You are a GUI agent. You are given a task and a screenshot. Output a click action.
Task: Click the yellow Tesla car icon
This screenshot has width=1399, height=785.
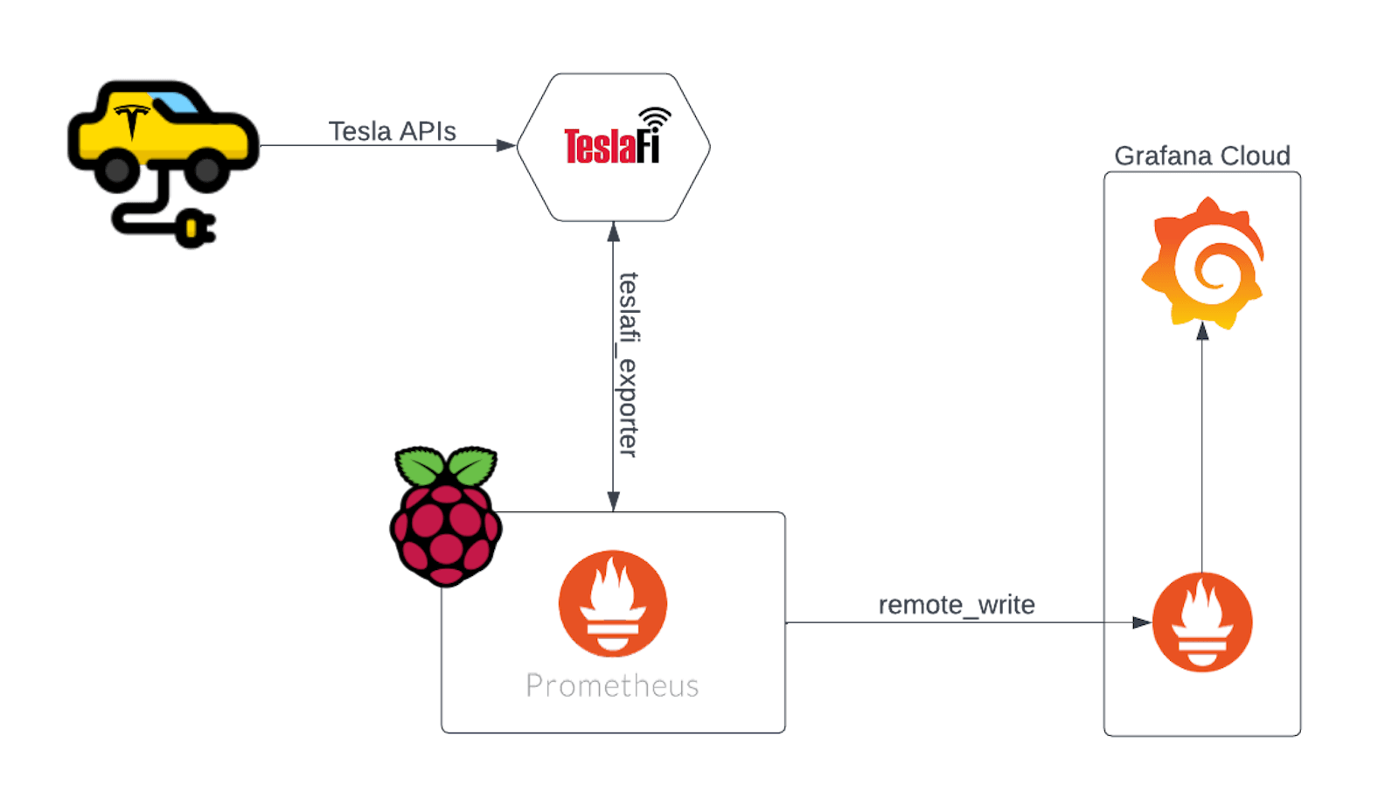point(162,131)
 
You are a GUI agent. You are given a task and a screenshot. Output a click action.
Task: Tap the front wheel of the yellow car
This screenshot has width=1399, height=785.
point(206,169)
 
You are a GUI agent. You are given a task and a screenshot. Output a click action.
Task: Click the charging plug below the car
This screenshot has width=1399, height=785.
point(194,229)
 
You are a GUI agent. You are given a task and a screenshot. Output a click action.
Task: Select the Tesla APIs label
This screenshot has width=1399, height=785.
point(392,132)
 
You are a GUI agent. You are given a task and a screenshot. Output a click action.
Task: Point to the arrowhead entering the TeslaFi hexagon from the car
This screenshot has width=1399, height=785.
point(506,145)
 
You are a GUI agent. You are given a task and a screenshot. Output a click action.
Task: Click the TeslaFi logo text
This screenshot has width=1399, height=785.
point(610,147)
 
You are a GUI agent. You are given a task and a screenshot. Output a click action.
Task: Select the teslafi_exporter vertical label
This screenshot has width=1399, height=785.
point(629,365)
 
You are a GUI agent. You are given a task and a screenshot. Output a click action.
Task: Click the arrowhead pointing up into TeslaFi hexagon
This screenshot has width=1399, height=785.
point(613,232)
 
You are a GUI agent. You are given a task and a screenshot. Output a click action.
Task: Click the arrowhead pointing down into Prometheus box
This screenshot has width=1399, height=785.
point(613,501)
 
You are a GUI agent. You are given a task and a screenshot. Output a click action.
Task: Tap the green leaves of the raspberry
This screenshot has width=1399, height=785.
point(446,467)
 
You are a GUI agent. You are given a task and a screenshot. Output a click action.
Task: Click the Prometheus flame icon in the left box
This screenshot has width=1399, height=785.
point(612,603)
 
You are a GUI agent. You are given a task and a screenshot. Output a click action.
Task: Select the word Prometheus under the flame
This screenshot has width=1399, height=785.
point(612,685)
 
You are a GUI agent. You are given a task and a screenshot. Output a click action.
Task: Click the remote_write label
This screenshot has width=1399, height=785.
point(957,605)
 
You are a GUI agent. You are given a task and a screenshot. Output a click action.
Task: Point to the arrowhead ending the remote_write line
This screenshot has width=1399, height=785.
point(1141,622)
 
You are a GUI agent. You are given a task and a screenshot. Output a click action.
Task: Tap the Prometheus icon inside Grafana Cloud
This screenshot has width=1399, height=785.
point(1202,622)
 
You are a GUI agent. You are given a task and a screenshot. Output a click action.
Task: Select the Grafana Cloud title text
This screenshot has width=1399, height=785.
point(1202,156)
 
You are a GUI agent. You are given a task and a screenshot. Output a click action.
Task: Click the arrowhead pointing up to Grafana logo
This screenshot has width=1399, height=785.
point(1202,331)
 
